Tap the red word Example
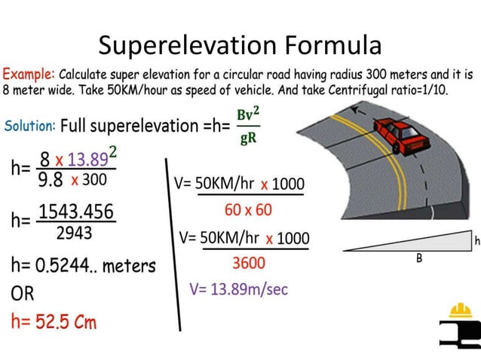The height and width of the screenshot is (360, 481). (x=29, y=75)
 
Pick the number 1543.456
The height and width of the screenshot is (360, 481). (x=76, y=212)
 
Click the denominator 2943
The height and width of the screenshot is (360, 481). (x=74, y=233)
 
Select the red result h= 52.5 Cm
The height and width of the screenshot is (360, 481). (x=54, y=322)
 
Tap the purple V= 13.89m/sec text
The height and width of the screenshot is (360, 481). (x=239, y=289)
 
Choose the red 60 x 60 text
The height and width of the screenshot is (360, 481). (x=248, y=209)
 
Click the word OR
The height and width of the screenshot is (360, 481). (x=23, y=293)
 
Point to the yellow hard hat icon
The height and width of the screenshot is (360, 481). (x=460, y=310)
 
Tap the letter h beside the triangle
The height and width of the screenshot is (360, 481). (x=476, y=240)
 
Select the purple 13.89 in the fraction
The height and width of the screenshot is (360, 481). (x=87, y=160)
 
